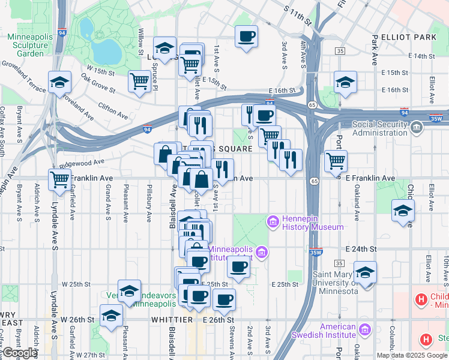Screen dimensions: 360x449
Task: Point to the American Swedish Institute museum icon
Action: (x=364, y=329)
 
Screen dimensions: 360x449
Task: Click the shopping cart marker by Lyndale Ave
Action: (x=60, y=179)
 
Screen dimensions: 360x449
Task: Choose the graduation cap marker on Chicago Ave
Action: (x=403, y=210)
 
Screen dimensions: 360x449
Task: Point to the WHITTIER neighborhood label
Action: (x=171, y=320)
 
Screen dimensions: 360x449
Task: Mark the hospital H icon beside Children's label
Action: (x=421, y=298)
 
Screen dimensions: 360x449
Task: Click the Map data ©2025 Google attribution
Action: (x=412, y=355)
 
